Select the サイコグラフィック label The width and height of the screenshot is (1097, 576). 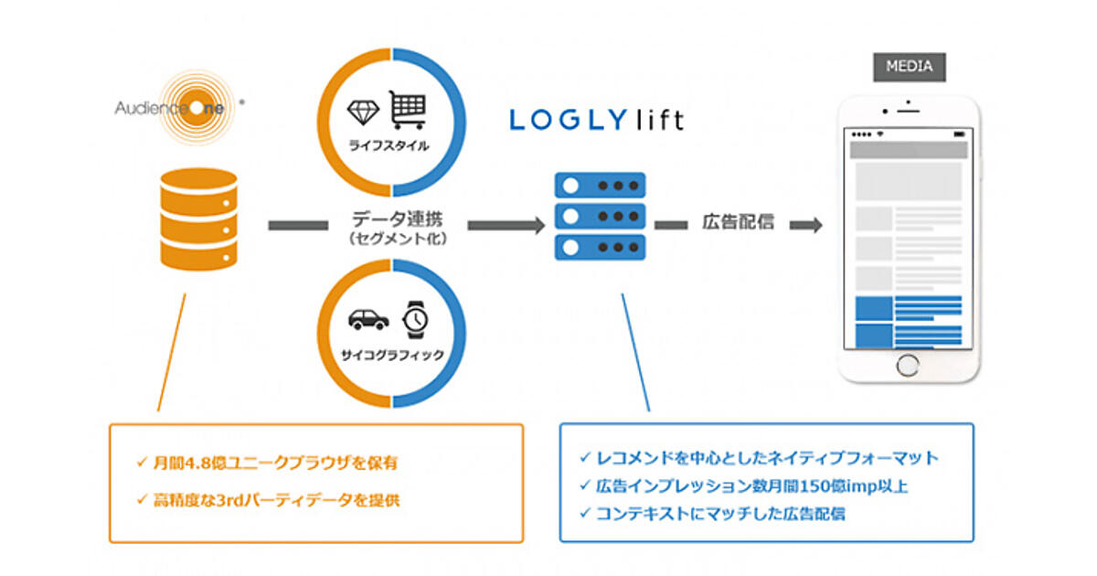click(x=392, y=353)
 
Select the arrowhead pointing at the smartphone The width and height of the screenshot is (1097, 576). click(x=811, y=224)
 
